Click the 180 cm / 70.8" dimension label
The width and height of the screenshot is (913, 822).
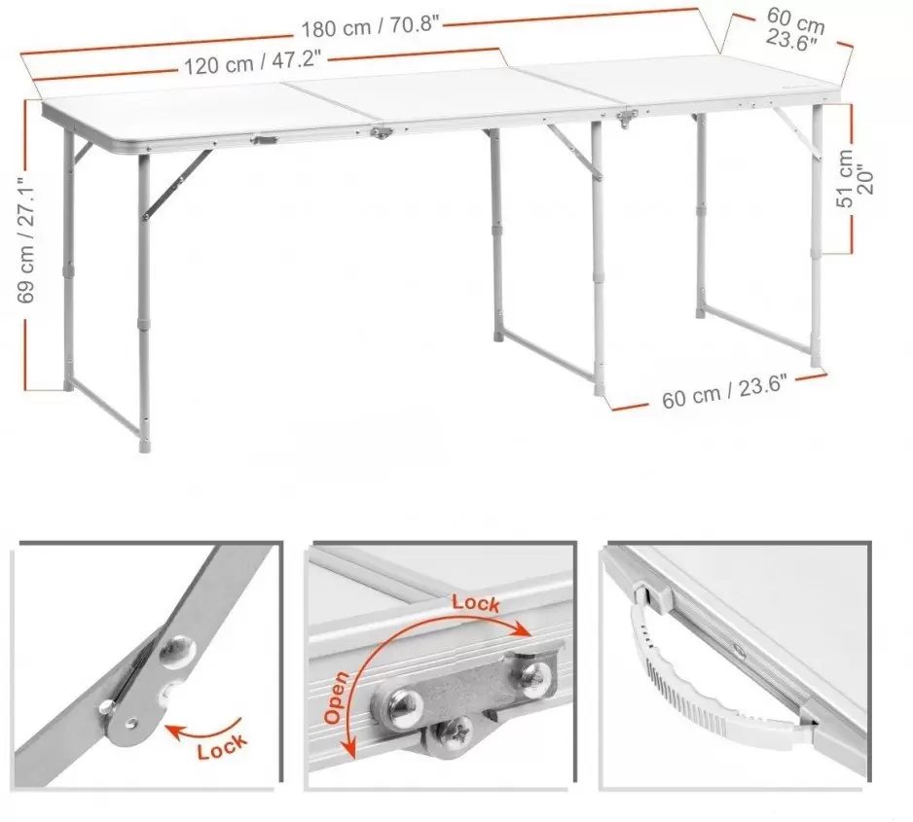pos(370,27)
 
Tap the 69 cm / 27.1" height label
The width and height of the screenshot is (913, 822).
pos(27,239)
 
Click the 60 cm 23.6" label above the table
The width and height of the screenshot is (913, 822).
pos(794,28)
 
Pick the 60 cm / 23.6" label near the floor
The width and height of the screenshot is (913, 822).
pos(724,391)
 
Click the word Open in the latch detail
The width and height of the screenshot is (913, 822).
pos(337,697)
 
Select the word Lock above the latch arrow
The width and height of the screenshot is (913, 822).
pos(476,603)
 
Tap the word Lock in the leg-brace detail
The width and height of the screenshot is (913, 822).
pos(222,746)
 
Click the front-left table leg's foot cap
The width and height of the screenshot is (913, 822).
pos(144,445)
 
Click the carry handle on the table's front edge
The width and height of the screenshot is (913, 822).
pos(265,140)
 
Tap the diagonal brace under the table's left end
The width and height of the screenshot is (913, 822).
pos(176,183)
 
